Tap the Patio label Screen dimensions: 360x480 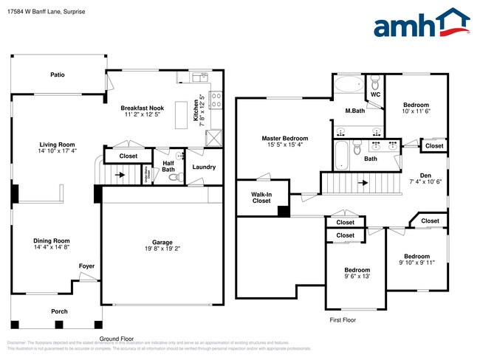57,75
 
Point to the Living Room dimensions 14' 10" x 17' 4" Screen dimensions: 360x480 57,151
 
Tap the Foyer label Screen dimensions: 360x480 87,266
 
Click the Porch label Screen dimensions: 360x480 59,311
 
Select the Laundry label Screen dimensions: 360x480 204,167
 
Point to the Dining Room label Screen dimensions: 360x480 51,240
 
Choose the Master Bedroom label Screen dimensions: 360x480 285,138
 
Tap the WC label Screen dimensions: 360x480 375,95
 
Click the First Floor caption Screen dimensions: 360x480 343,320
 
